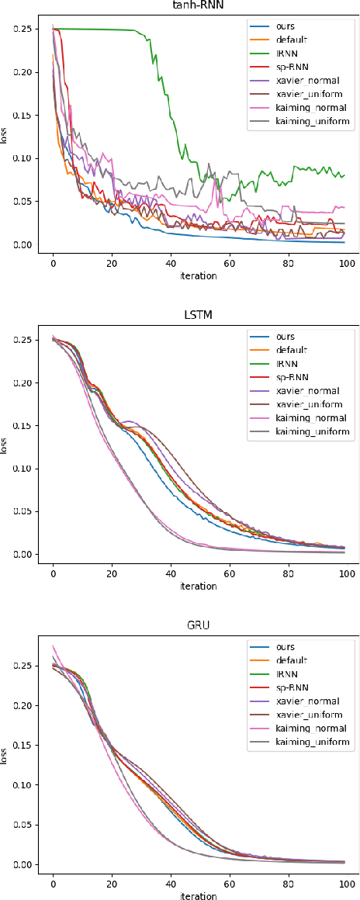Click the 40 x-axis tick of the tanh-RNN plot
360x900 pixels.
click(x=171, y=264)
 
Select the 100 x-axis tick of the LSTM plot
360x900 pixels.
click(x=347, y=573)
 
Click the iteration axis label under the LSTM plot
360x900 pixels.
click(x=199, y=586)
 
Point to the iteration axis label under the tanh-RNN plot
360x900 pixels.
click(x=199, y=276)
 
